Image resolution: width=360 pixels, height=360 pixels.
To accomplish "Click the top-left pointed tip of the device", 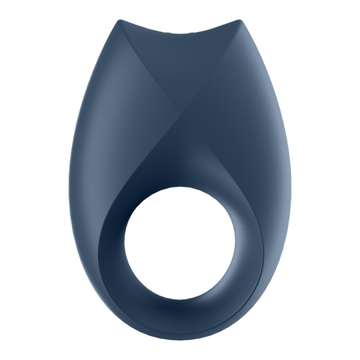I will click(120, 21).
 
